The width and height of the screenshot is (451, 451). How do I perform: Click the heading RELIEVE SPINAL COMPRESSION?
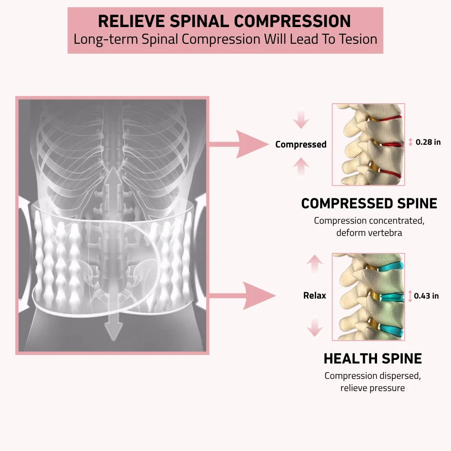pos(225,21)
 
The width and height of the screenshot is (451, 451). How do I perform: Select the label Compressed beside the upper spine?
pos(301,144)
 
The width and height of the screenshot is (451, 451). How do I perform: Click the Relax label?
pos(314,296)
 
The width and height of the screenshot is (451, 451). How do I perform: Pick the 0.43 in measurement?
pos(426,296)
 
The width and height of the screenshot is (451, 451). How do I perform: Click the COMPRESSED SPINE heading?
pos(369,203)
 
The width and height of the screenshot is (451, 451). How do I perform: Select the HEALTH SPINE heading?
pos(373,359)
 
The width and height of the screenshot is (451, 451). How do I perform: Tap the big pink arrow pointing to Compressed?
pos(244,144)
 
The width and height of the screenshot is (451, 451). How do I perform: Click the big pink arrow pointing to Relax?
pos(246,296)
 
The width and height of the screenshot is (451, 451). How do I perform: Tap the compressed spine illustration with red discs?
pos(368,144)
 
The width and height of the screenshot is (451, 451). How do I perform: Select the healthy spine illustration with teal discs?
pos(368,296)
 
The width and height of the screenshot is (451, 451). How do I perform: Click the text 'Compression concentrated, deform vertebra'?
pos(369,227)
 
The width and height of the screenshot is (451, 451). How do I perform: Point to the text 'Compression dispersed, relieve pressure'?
pos(373,382)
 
